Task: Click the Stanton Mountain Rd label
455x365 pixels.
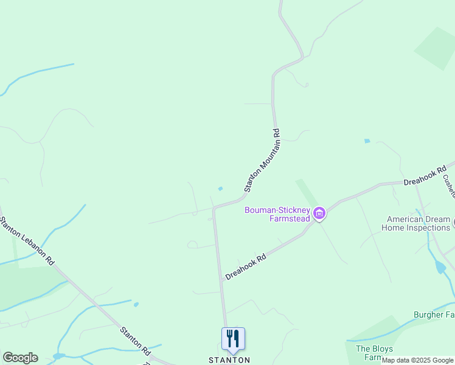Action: pyautogui.click(x=262, y=161)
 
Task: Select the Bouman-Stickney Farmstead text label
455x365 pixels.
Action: pyautogui.click(x=277, y=214)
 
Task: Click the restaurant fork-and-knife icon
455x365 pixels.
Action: pyautogui.click(x=233, y=339)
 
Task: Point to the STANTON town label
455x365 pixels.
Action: pyautogui.click(x=229, y=360)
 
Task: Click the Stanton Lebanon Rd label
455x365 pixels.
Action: pyautogui.click(x=27, y=240)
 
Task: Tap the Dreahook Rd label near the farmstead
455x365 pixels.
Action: pyautogui.click(x=246, y=267)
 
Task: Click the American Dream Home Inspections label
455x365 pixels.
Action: pyautogui.click(x=415, y=223)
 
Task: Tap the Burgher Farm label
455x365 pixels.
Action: pyautogui.click(x=434, y=315)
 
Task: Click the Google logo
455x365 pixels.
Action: pyautogui.click(x=20, y=358)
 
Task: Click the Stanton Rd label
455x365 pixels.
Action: pyautogui.click(x=135, y=341)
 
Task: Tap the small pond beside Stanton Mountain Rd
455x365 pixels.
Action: pyautogui.click(x=220, y=189)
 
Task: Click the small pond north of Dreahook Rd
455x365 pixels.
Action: pyautogui.click(x=367, y=141)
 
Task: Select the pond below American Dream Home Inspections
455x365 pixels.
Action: pyautogui.click(x=440, y=267)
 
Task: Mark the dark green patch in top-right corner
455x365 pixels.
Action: pyautogui.click(x=435, y=47)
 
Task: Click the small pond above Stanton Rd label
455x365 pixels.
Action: pyautogui.click(x=136, y=304)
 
